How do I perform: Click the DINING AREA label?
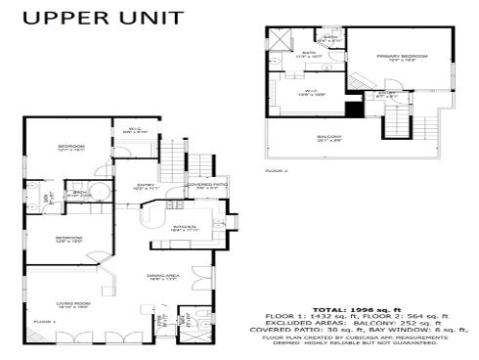[160, 277]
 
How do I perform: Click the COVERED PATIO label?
[207, 183]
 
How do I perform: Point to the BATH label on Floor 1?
[80, 193]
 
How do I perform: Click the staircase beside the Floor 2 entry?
[399, 122]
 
